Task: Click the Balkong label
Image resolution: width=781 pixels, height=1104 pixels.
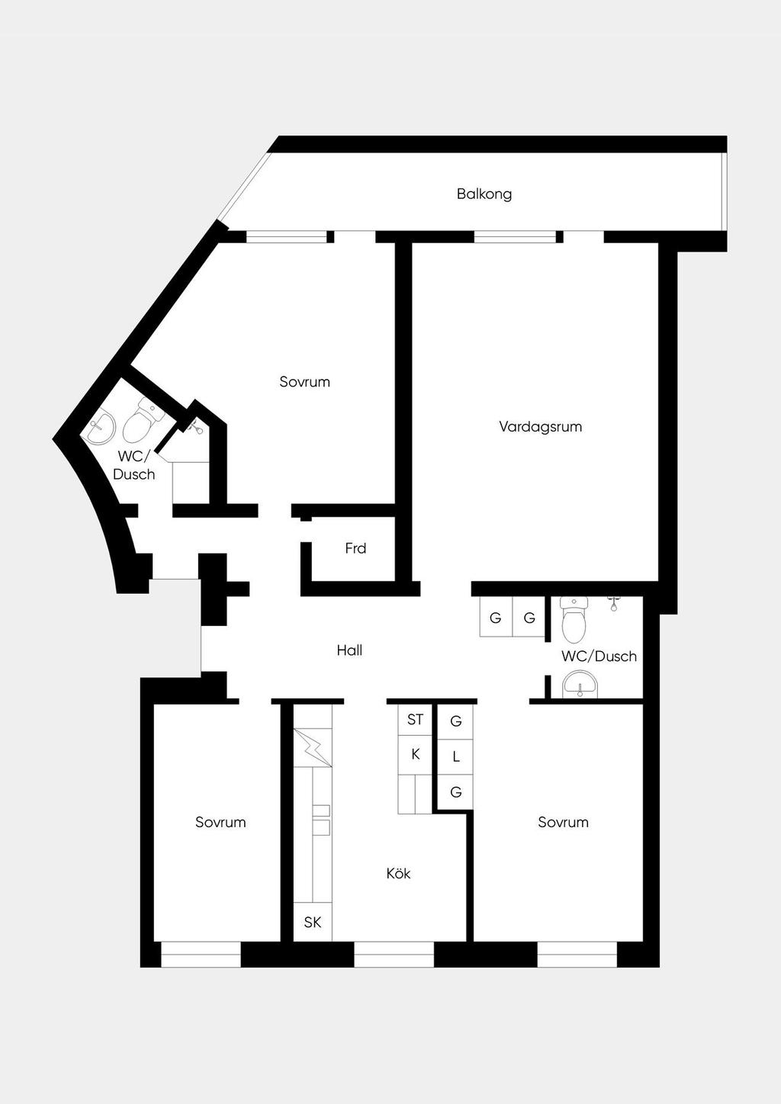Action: [x=484, y=194]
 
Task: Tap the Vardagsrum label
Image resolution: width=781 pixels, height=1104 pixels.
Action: [x=541, y=427]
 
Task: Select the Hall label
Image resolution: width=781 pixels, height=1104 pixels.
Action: [x=349, y=650]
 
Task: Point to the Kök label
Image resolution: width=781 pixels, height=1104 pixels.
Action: [x=398, y=874]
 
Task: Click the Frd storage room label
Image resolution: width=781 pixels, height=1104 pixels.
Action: [x=355, y=548]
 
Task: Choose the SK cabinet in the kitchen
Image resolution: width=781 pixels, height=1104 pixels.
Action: [x=313, y=922]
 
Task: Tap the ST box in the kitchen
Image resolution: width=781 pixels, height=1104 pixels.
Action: [x=415, y=720]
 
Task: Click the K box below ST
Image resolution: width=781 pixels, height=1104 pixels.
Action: [x=415, y=755]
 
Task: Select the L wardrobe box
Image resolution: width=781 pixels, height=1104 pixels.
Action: [x=456, y=756]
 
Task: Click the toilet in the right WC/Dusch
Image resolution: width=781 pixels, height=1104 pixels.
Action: [x=574, y=620]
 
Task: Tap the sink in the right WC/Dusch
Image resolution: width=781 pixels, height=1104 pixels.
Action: [x=580, y=685]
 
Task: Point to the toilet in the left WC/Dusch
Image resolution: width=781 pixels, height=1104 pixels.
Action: [x=142, y=421]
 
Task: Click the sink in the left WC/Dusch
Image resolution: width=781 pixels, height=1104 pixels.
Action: [x=101, y=427]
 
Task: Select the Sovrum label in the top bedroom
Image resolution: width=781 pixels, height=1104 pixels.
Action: [x=305, y=382]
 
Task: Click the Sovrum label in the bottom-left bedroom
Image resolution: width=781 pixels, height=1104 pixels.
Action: [x=220, y=822]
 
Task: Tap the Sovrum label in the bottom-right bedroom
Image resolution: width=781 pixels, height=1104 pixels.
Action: [x=563, y=822]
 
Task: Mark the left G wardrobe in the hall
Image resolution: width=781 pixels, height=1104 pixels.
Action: [x=496, y=617]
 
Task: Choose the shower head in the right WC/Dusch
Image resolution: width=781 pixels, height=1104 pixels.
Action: [x=614, y=604]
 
